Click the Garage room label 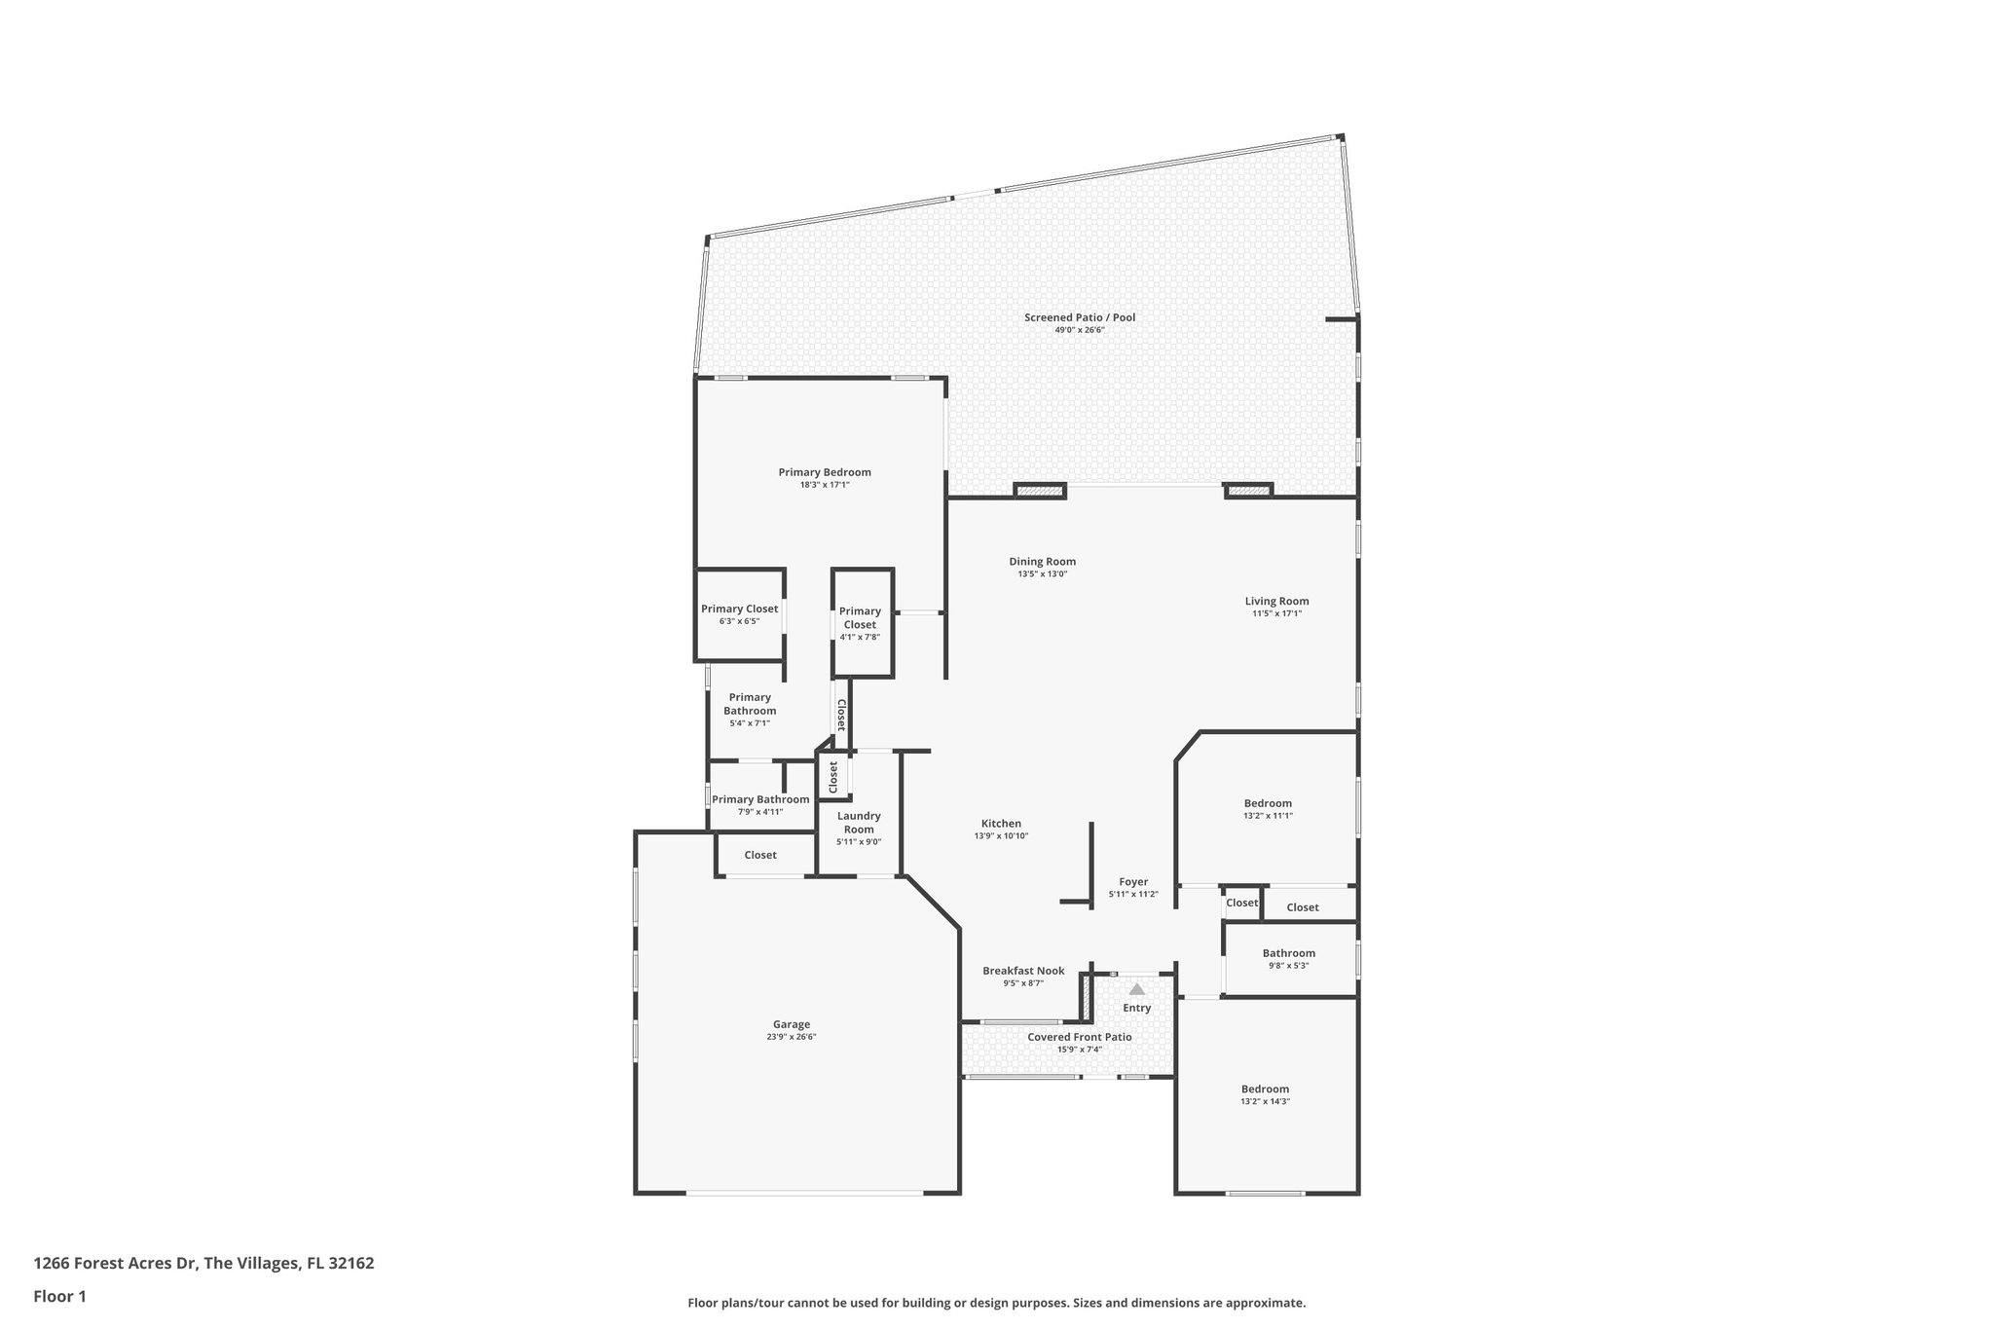pyautogui.click(x=791, y=1024)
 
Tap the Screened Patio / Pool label pyautogui.click(x=1079, y=317)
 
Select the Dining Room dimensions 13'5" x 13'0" pyautogui.click(x=1042, y=574)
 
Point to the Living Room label pyautogui.click(x=1275, y=601)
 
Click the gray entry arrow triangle pyautogui.click(x=1136, y=989)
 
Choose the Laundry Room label pyautogui.click(x=859, y=823)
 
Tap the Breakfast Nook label pyautogui.click(x=1022, y=971)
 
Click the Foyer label pyautogui.click(x=1132, y=882)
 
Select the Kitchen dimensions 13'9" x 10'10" pyautogui.click(x=1001, y=836)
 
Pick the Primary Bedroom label pyautogui.click(x=824, y=472)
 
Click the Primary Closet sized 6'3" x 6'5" pyautogui.click(x=739, y=609)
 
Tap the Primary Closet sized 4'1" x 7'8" pyautogui.click(x=860, y=618)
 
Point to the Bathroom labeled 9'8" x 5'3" pyautogui.click(x=1288, y=953)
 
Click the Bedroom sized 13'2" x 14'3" pyautogui.click(x=1264, y=1089)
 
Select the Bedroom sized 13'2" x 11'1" pyautogui.click(x=1267, y=804)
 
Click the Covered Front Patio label pyautogui.click(x=1079, y=1037)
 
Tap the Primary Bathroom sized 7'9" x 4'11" pyautogui.click(x=759, y=799)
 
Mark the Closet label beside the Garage pyautogui.click(x=760, y=855)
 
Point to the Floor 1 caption pyautogui.click(x=60, y=1297)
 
